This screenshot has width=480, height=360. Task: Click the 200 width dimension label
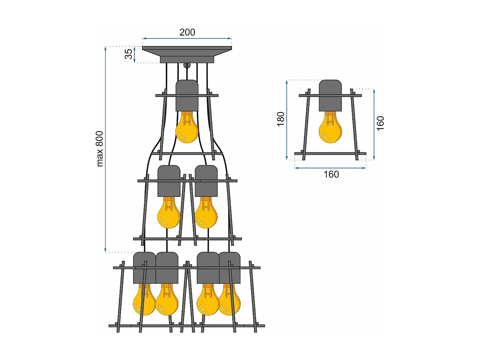click(x=187, y=32)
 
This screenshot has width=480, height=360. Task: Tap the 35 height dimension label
click(x=128, y=54)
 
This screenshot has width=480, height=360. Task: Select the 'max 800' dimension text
click(x=100, y=149)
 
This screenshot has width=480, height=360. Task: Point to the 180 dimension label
click(x=281, y=119)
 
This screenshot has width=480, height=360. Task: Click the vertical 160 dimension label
click(x=380, y=123)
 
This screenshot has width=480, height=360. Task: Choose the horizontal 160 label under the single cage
click(x=331, y=174)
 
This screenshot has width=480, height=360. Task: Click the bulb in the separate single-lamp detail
click(x=330, y=130)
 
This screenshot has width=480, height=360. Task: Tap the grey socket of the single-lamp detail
click(x=330, y=95)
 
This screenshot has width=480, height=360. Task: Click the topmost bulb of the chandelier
click(x=187, y=130)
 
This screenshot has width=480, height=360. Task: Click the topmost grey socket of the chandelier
click(x=187, y=95)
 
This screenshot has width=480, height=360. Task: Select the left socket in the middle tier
click(x=169, y=181)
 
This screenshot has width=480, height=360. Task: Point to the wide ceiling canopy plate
click(x=187, y=48)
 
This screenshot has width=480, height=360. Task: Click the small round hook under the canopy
click(x=187, y=66)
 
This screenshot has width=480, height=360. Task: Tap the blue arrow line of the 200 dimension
click(x=187, y=38)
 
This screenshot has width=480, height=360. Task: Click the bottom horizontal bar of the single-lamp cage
click(x=330, y=154)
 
